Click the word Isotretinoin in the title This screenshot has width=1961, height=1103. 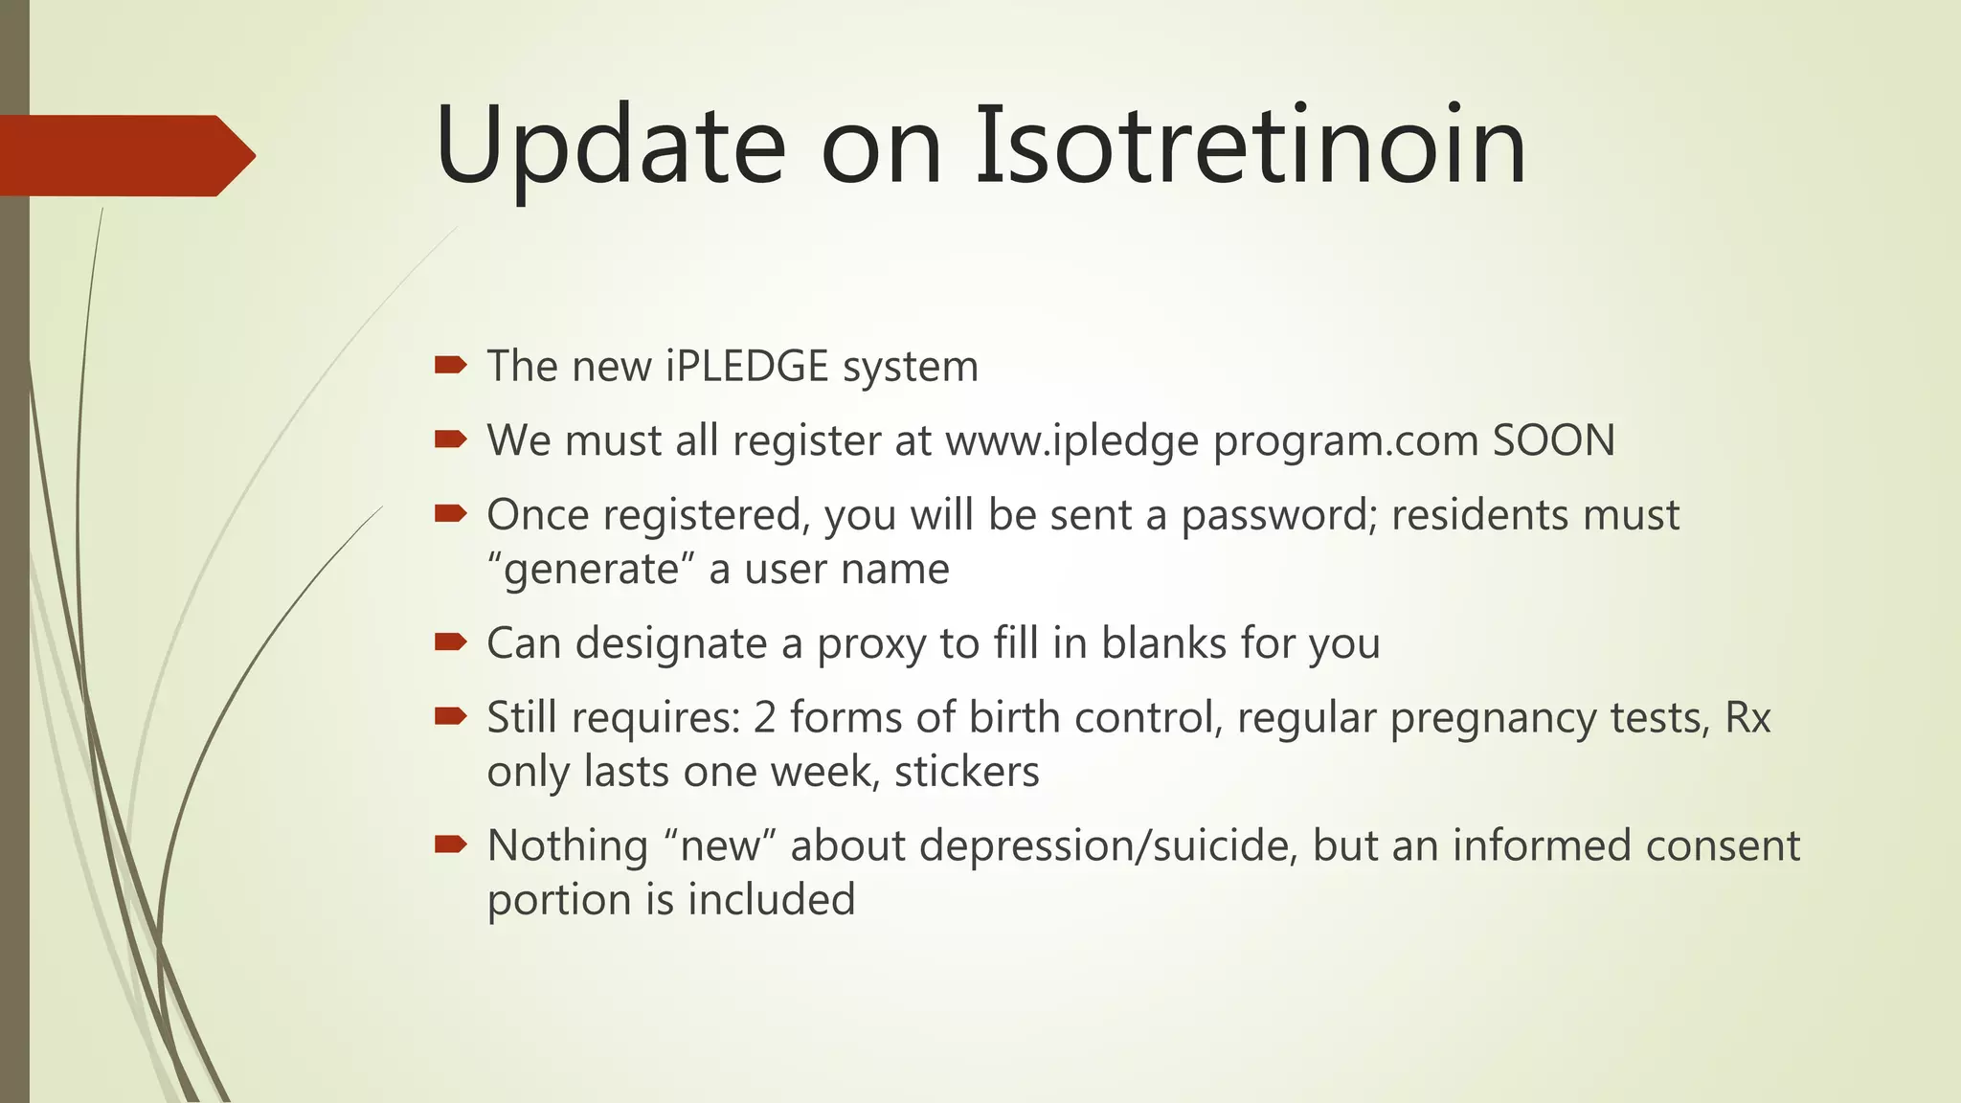(x=1250, y=146)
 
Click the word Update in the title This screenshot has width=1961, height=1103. (x=610, y=146)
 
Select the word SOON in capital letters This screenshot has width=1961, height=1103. (x=1553, y=440)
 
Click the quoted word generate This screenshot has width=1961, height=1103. (x=591, y=570)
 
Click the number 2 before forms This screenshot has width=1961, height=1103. (x=764, y=717)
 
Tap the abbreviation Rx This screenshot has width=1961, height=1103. (x=1747, y=717)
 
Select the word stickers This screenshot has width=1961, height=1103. (x=966, y=772)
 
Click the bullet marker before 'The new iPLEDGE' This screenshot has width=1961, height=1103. (x=450, y=365)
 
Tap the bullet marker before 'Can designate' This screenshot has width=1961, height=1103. (x=450, y=642)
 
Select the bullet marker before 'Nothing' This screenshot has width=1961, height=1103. (x=450, y=844)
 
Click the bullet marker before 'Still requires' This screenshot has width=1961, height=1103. (x=450, y=716)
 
